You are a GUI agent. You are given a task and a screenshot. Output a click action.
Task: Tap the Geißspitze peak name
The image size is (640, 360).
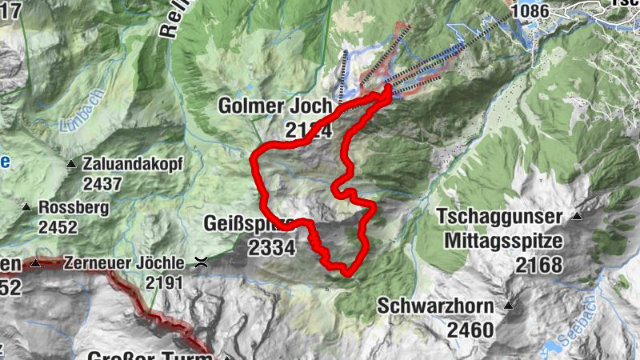tap(248, 223)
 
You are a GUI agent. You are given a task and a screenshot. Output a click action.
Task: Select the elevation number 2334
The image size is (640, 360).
tap(272, 248)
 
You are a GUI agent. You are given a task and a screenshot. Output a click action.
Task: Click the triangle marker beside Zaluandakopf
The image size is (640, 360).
tap(71, 164)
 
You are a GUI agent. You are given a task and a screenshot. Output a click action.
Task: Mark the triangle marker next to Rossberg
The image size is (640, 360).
tap(26, 207)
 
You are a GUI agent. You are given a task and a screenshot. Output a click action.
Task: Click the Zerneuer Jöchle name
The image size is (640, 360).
tap(126, 262)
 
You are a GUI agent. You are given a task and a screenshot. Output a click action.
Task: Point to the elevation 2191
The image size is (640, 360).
tap(165, 282)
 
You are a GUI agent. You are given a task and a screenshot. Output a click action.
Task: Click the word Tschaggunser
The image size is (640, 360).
tap(500, 216)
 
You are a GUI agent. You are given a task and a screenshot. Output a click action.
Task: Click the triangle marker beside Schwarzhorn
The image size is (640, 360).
tap(509, 306)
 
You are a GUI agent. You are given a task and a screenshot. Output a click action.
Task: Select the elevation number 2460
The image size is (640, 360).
tap(470, 329)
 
